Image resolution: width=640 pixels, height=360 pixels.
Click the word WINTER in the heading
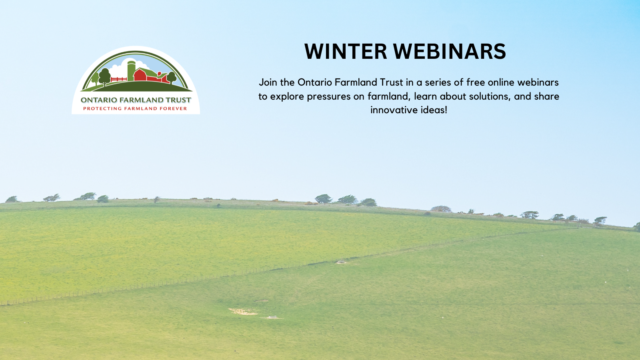[x=346, y=52]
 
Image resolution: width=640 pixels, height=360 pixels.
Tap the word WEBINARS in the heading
[x=450, y=52]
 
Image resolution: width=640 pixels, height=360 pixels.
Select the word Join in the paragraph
[x=268, y=82]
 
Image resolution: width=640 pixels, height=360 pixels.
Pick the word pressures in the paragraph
[x=329, y=96]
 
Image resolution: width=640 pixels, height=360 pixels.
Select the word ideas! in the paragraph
[x=434, y=110]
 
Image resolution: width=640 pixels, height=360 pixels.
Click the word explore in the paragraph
[x=287, y=96]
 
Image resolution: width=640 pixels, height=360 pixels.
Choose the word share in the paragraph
[x=547, y=96]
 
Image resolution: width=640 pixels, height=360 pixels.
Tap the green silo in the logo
[x=131, y=70]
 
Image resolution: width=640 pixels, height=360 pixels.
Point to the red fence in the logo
[x=118, y=79]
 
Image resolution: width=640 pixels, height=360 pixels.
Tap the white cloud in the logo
[x=118, y=70]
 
